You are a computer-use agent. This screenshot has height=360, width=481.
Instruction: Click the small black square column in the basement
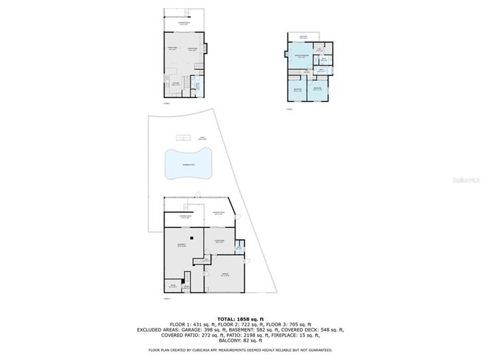click(194, 238)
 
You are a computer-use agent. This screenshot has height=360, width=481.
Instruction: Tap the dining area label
click(173, 48)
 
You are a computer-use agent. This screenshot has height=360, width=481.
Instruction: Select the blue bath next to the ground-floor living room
click(239, 247)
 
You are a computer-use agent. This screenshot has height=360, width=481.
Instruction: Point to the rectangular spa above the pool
click(202, 138)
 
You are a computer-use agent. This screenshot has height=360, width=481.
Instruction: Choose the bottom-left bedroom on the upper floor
click(297, 90)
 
